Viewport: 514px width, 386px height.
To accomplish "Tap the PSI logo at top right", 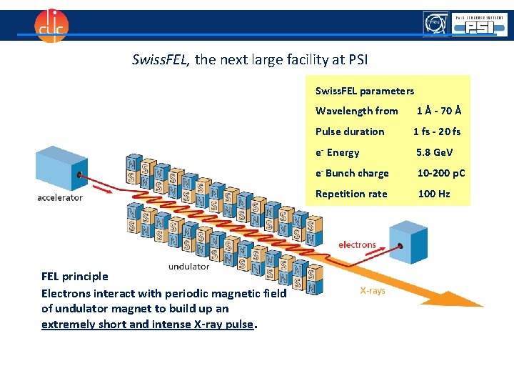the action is [478, 26].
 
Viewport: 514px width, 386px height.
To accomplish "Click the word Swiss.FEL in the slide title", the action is [161, 60].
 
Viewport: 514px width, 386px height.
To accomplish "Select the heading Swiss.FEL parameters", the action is [364, 91].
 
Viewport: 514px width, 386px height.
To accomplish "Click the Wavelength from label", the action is [356, 111].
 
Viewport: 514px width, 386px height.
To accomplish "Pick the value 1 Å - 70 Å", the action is [439, 111].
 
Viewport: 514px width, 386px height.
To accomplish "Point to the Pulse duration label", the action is [350, 132].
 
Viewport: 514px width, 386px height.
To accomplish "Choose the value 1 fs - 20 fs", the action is [437, 132].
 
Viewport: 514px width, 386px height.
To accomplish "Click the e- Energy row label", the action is [338, 152].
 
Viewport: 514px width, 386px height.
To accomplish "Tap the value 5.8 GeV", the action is [435, 152].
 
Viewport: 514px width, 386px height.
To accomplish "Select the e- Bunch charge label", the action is [352, 173].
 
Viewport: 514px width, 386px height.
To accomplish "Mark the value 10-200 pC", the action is [441, 173].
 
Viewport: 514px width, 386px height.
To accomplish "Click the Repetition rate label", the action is [351, 194].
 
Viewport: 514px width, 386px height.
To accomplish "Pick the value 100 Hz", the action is [434, 194].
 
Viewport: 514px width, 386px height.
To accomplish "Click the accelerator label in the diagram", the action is [60, 197].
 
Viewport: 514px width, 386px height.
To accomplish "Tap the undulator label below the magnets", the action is [188, 267].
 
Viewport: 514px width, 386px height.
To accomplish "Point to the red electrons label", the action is [357, 244].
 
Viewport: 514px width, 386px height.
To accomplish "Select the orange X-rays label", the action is [372, 291].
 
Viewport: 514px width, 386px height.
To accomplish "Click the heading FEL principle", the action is [75, 277].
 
